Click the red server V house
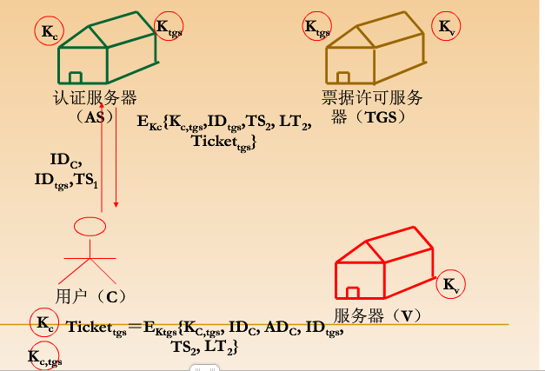tap(382, 265)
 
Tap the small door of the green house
tap(76, 79)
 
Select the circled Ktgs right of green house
tap(167, 27)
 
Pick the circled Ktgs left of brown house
tap(316, 26)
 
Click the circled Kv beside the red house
tap(451, 285)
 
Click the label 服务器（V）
tap(382, 315)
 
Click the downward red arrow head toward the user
tap(116, 208)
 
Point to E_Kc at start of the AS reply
tap(150, 124)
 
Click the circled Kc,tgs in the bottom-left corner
tap(44, 354)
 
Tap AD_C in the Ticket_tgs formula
tap(280, 328)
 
